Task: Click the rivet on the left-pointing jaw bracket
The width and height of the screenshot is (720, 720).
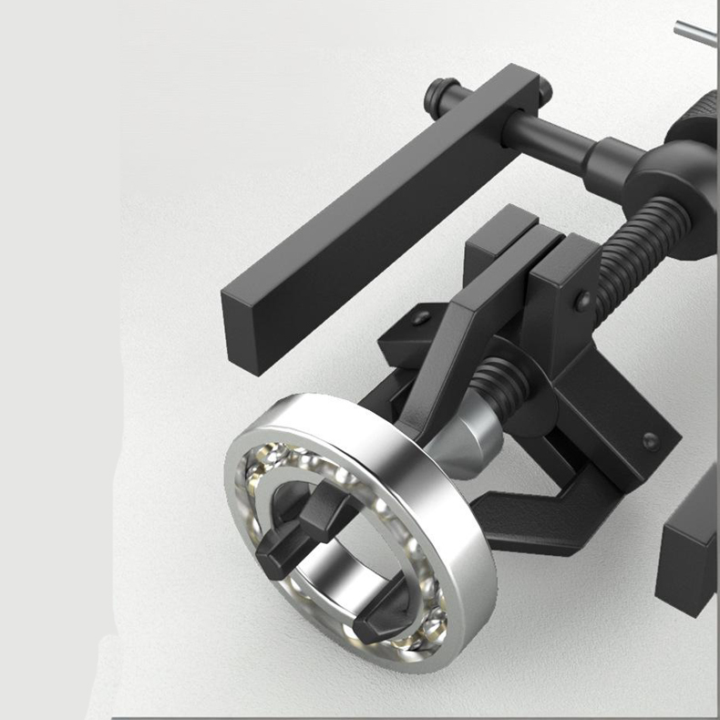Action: [x=420, y=318]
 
